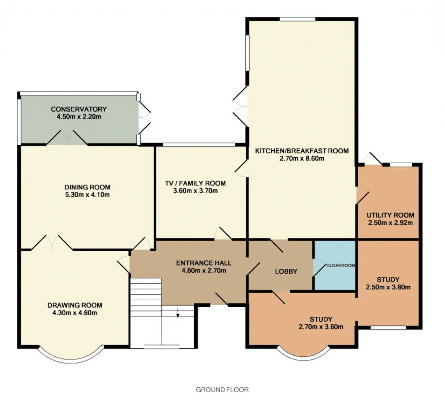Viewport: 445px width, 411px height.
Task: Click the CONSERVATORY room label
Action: [x=79, y=109]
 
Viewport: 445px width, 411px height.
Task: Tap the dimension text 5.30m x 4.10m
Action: [x=87, y=195]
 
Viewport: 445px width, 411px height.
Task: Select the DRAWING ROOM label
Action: [x=75, y=305]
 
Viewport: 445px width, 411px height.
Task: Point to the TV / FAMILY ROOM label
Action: [x=195, y=183]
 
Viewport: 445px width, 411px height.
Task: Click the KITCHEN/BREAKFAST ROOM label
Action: [x=302, y=151]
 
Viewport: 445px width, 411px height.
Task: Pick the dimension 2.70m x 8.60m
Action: [x=302, y=158]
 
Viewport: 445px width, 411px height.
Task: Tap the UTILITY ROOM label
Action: [x=390, y=215]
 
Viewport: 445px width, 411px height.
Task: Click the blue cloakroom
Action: [x=335, y=266]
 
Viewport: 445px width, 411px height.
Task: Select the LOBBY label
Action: [x=286, y=271]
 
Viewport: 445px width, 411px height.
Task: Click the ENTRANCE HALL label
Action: [x=203, y=263]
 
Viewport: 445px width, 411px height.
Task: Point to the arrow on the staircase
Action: [x=178, y=313]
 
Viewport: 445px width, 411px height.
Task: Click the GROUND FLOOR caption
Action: [x=222, y=390]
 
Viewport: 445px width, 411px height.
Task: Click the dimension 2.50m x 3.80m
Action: [x=388, y=287]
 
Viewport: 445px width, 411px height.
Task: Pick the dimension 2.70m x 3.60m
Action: [x=321, y=327]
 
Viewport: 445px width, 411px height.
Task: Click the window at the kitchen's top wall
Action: [x=298, y=19]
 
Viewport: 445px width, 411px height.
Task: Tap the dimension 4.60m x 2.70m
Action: [x=204, y=270]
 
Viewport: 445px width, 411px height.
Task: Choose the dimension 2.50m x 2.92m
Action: [x=390, y=223]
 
